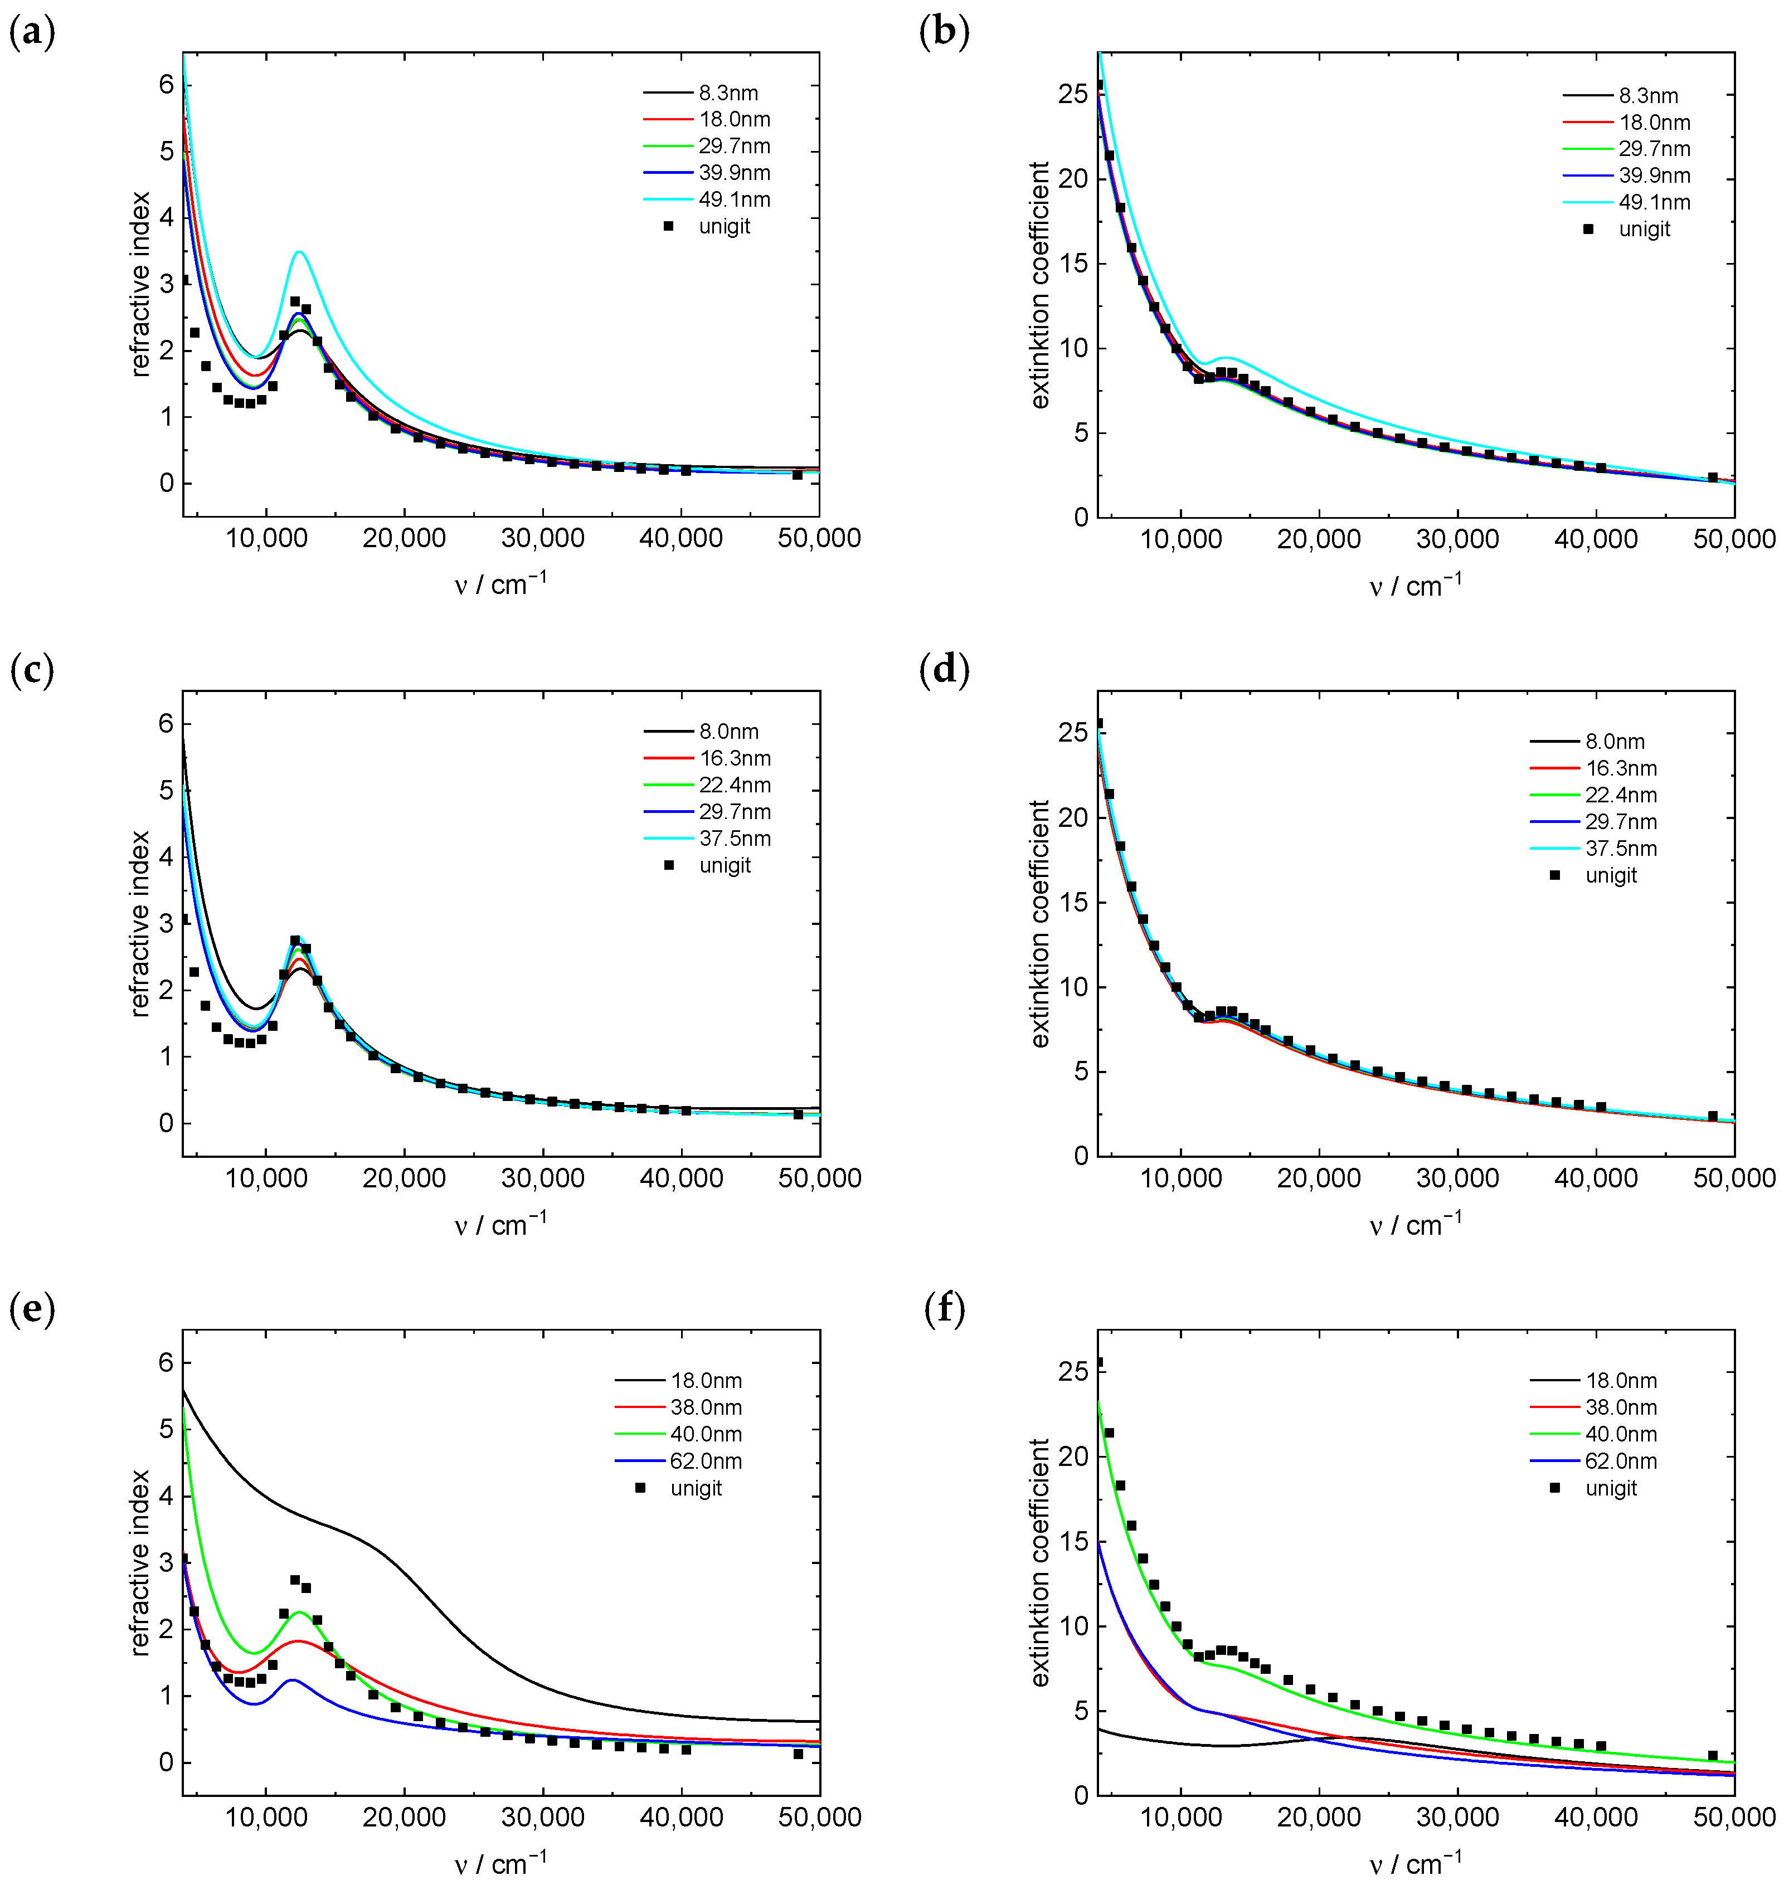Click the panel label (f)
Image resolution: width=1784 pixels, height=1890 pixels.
pos(944,1309)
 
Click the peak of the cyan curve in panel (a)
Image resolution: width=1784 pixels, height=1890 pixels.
pos(299,252)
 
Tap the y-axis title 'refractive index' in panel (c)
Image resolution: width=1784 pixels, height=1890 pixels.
pos(140,924)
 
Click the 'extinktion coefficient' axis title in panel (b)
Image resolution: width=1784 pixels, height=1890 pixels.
pos(1039,285)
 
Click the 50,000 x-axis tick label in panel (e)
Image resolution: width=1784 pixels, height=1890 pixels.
pos(819,1818)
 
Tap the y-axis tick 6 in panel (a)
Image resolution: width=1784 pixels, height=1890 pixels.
pos(167,86)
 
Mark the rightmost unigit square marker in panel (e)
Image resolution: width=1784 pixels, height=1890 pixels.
pos(798,1754)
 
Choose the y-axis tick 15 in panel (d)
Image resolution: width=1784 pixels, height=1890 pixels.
pos(1073,902)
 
